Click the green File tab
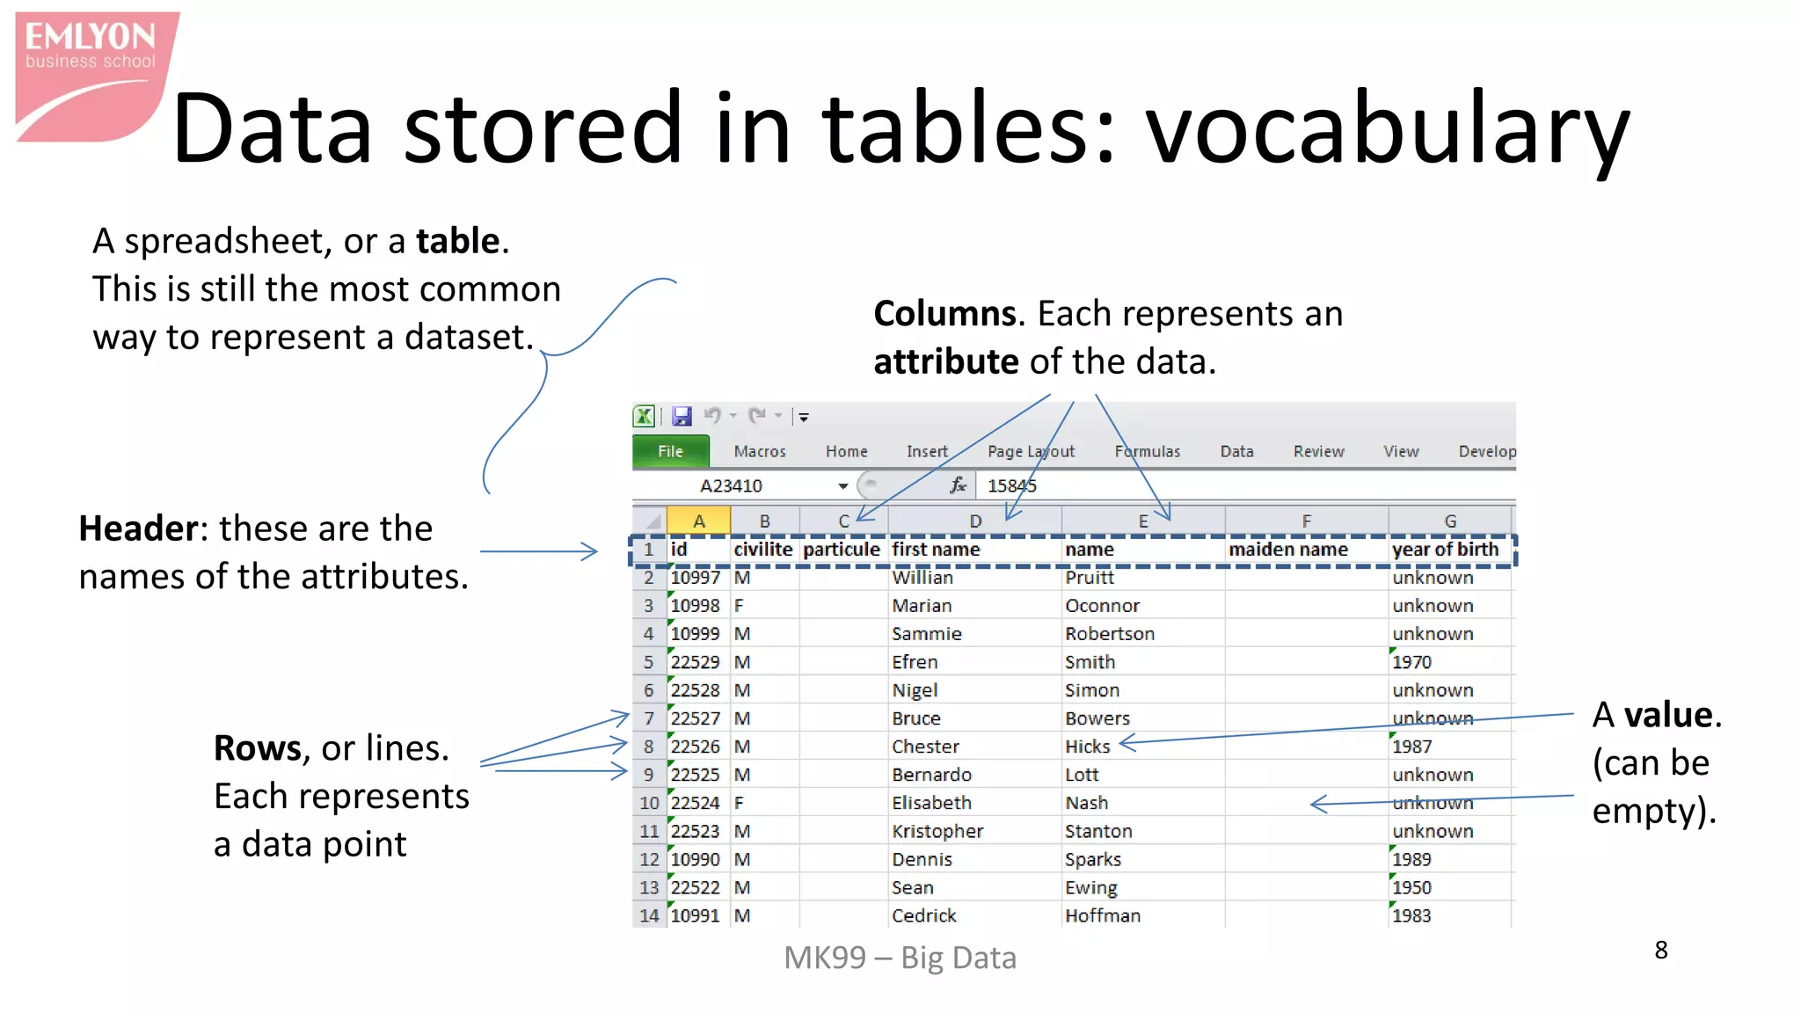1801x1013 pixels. tap(670, 451)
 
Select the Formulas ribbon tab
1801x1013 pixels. tap(1147, 451)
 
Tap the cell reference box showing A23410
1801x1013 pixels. tap(732, 485)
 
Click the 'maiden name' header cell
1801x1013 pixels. tap(1287, 550)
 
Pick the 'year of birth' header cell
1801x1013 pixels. tap(1445, 550)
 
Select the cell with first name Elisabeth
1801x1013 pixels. tap(931, 803)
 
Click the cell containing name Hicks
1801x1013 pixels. tap(1088, 747)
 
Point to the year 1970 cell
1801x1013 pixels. tap(1411, 662)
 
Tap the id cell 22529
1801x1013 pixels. tap(695, 662)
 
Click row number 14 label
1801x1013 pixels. tap(649, 915)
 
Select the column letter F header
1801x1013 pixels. tap(1306, 521)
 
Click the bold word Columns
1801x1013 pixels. tap(944, 314)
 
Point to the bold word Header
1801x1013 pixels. tap(138, 528)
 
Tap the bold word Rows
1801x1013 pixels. tap(258, 748)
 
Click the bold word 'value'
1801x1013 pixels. tap(1668, 715)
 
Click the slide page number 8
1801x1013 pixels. tap(1660, 951)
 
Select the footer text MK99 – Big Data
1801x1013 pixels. tap(900, 958)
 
